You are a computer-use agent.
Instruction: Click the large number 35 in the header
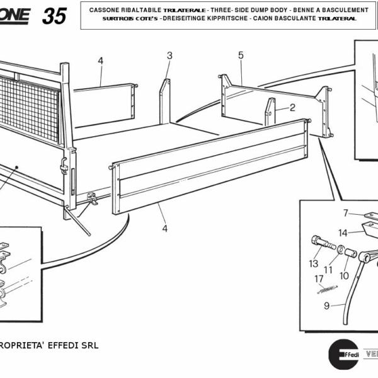(x=54, y=16)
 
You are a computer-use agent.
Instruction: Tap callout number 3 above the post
(x=169, y=56)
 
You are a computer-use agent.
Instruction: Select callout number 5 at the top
(x=241, y=56)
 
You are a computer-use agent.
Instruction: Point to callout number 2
(x=292, y=108)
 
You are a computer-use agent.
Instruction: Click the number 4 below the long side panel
(x=164, y=229)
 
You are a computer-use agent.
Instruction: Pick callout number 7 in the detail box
(x=345, y=213)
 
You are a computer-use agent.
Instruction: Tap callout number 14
(x=342, y=232)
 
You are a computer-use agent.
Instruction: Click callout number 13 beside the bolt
(x=314, y=263)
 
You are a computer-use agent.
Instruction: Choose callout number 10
(x=344, y=275)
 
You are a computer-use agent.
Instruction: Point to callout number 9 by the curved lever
(x=326, y=306)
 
